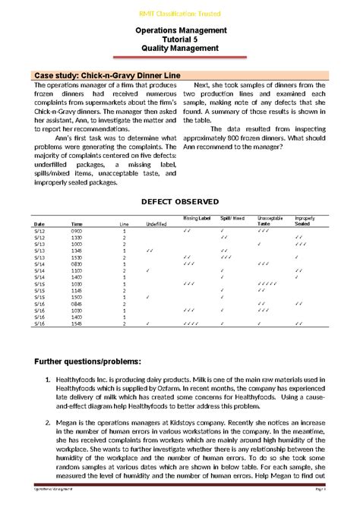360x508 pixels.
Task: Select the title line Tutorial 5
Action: (x=181, y=38)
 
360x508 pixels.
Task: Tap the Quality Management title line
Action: (x=181, y=48)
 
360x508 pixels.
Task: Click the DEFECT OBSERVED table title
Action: (x=181, y=201)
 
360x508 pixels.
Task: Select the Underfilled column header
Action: (x=156, y=225)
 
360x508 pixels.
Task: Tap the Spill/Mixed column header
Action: (x=232, y=219)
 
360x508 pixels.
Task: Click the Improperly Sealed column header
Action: (x=305, y=221)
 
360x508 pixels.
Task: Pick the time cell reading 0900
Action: (x=77, y=232)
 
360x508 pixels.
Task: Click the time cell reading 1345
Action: (x=77, y=251)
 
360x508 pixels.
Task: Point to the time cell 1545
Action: (x=77, y=323)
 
